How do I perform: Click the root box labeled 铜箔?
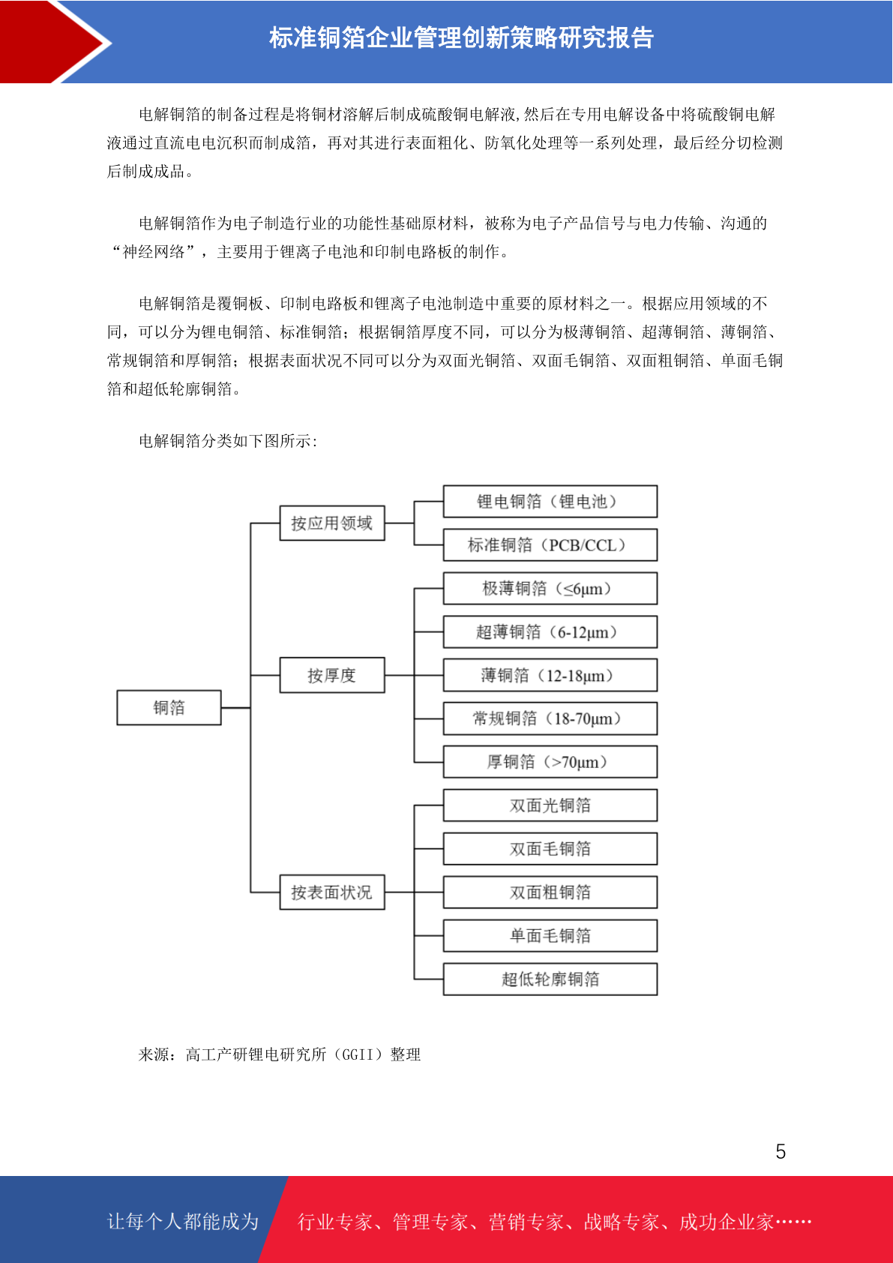pos(169,707)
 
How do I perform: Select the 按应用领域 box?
pos(332,523)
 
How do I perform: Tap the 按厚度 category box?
pos(332,675)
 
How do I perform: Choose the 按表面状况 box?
pos(332,892)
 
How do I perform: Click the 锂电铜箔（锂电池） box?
pos(550,501)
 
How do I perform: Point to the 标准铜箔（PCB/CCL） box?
pos(550,544)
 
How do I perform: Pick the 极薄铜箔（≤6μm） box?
pos(550,589)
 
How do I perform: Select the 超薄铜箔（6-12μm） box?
pos(550,632)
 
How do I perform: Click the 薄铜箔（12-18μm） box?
pos(550,676)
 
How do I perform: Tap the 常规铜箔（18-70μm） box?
pos(550,718)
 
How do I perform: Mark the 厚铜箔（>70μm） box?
pos(550,762)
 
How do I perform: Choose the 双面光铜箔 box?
pos(550,805)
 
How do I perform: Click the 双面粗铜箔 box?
pos(550,892)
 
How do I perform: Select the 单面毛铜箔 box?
pos(550,935)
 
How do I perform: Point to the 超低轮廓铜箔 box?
pos(550,979)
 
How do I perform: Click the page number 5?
pos(781,1151)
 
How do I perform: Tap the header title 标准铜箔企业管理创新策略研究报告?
pos(461,38)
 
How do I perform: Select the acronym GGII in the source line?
pos(358,1054)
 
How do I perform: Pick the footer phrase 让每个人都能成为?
pos(183,1221)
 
